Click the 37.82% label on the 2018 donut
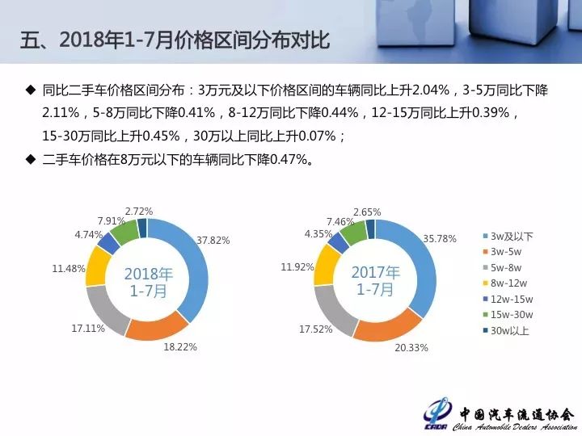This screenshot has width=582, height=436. pos(213,241)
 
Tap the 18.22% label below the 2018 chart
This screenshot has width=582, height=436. pos(180,347)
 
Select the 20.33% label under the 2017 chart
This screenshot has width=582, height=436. pos(411,348)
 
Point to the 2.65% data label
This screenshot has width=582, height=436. pos(367,212)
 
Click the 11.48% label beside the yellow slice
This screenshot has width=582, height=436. pos(69,268)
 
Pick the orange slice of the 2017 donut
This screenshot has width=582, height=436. pos(386,326)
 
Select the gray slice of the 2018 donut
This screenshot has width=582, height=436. pos(106,309)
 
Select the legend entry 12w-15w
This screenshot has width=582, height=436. pos(508,299)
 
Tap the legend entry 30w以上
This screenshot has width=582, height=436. pos(506,330)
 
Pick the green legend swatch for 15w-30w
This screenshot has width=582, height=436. pos(485,315)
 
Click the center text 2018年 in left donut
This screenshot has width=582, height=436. pos(149,274)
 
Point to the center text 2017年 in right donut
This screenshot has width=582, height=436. pos(376,273)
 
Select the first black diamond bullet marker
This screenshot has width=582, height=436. pos(31,90)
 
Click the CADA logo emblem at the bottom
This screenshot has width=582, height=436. pos(437,414)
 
